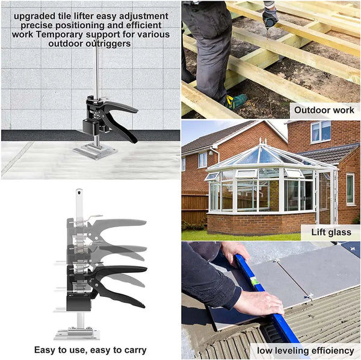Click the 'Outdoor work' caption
pos(324,110)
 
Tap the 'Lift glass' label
pos(332,232)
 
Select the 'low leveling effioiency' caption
pos(306,350)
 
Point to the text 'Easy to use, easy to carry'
pos(90,350)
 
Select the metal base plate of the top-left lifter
pos(95,151)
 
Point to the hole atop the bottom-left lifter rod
pos(79,191)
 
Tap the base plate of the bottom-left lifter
pos(77,334)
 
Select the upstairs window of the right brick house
pos(321,132)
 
